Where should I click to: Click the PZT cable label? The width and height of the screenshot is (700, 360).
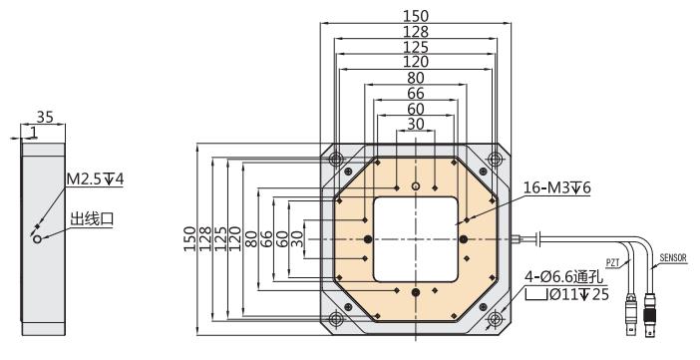coord(613,262)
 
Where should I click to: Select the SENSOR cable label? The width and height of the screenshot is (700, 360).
coord(673,257)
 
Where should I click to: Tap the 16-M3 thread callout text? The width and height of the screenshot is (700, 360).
coord(556,188)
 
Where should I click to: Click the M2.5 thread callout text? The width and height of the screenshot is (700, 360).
coord(95,180)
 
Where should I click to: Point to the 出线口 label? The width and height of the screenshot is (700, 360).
coord(93,218)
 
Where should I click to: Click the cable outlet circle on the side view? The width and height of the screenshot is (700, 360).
coord(37,239)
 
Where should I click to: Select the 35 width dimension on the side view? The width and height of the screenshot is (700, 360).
coord(45,117)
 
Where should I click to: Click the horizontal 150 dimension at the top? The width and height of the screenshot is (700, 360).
coord(416,17)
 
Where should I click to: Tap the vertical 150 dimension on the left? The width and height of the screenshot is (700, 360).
coord(190,239)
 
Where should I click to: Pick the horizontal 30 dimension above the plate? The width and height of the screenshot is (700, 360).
coord(416,125)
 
